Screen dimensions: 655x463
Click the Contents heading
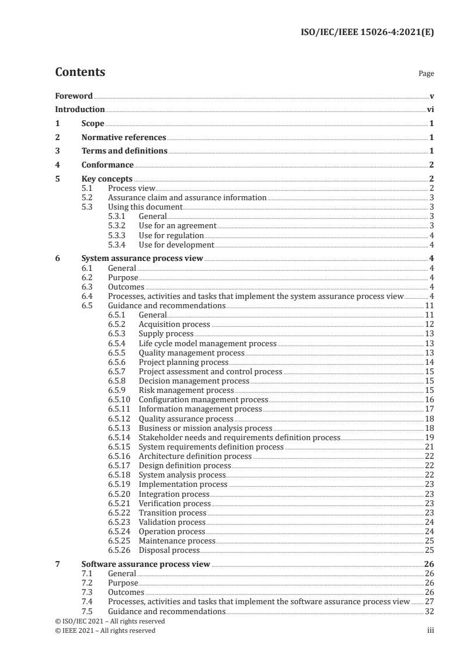(80, 72)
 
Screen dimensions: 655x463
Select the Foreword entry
(74, 96)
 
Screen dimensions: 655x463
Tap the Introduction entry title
(80, 109)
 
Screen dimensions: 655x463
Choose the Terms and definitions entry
(124, 151)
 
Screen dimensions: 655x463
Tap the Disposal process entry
(169, 550)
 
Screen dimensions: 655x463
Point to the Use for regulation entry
(170, 235)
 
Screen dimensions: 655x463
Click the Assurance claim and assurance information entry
(187, 197)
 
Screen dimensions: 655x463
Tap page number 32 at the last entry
(429, 611)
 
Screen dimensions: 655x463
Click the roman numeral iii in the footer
(430, 630)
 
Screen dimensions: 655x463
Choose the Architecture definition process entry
(195, 456)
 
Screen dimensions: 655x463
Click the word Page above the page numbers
(426, 74)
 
